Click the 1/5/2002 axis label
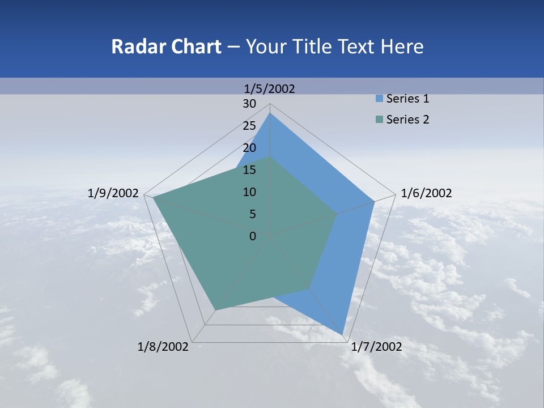270,88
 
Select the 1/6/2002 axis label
426,193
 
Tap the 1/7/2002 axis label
376,346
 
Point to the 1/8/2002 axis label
163,346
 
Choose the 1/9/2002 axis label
113,193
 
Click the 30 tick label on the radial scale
249,104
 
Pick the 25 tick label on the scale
249,126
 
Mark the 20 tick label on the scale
249,148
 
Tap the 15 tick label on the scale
249,170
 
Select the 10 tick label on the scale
249,192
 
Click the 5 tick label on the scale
252,214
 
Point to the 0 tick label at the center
253,236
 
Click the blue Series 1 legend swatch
379,99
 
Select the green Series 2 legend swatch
379,120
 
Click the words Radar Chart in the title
166,46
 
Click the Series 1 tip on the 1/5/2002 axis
270,113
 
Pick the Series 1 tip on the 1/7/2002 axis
342,334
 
